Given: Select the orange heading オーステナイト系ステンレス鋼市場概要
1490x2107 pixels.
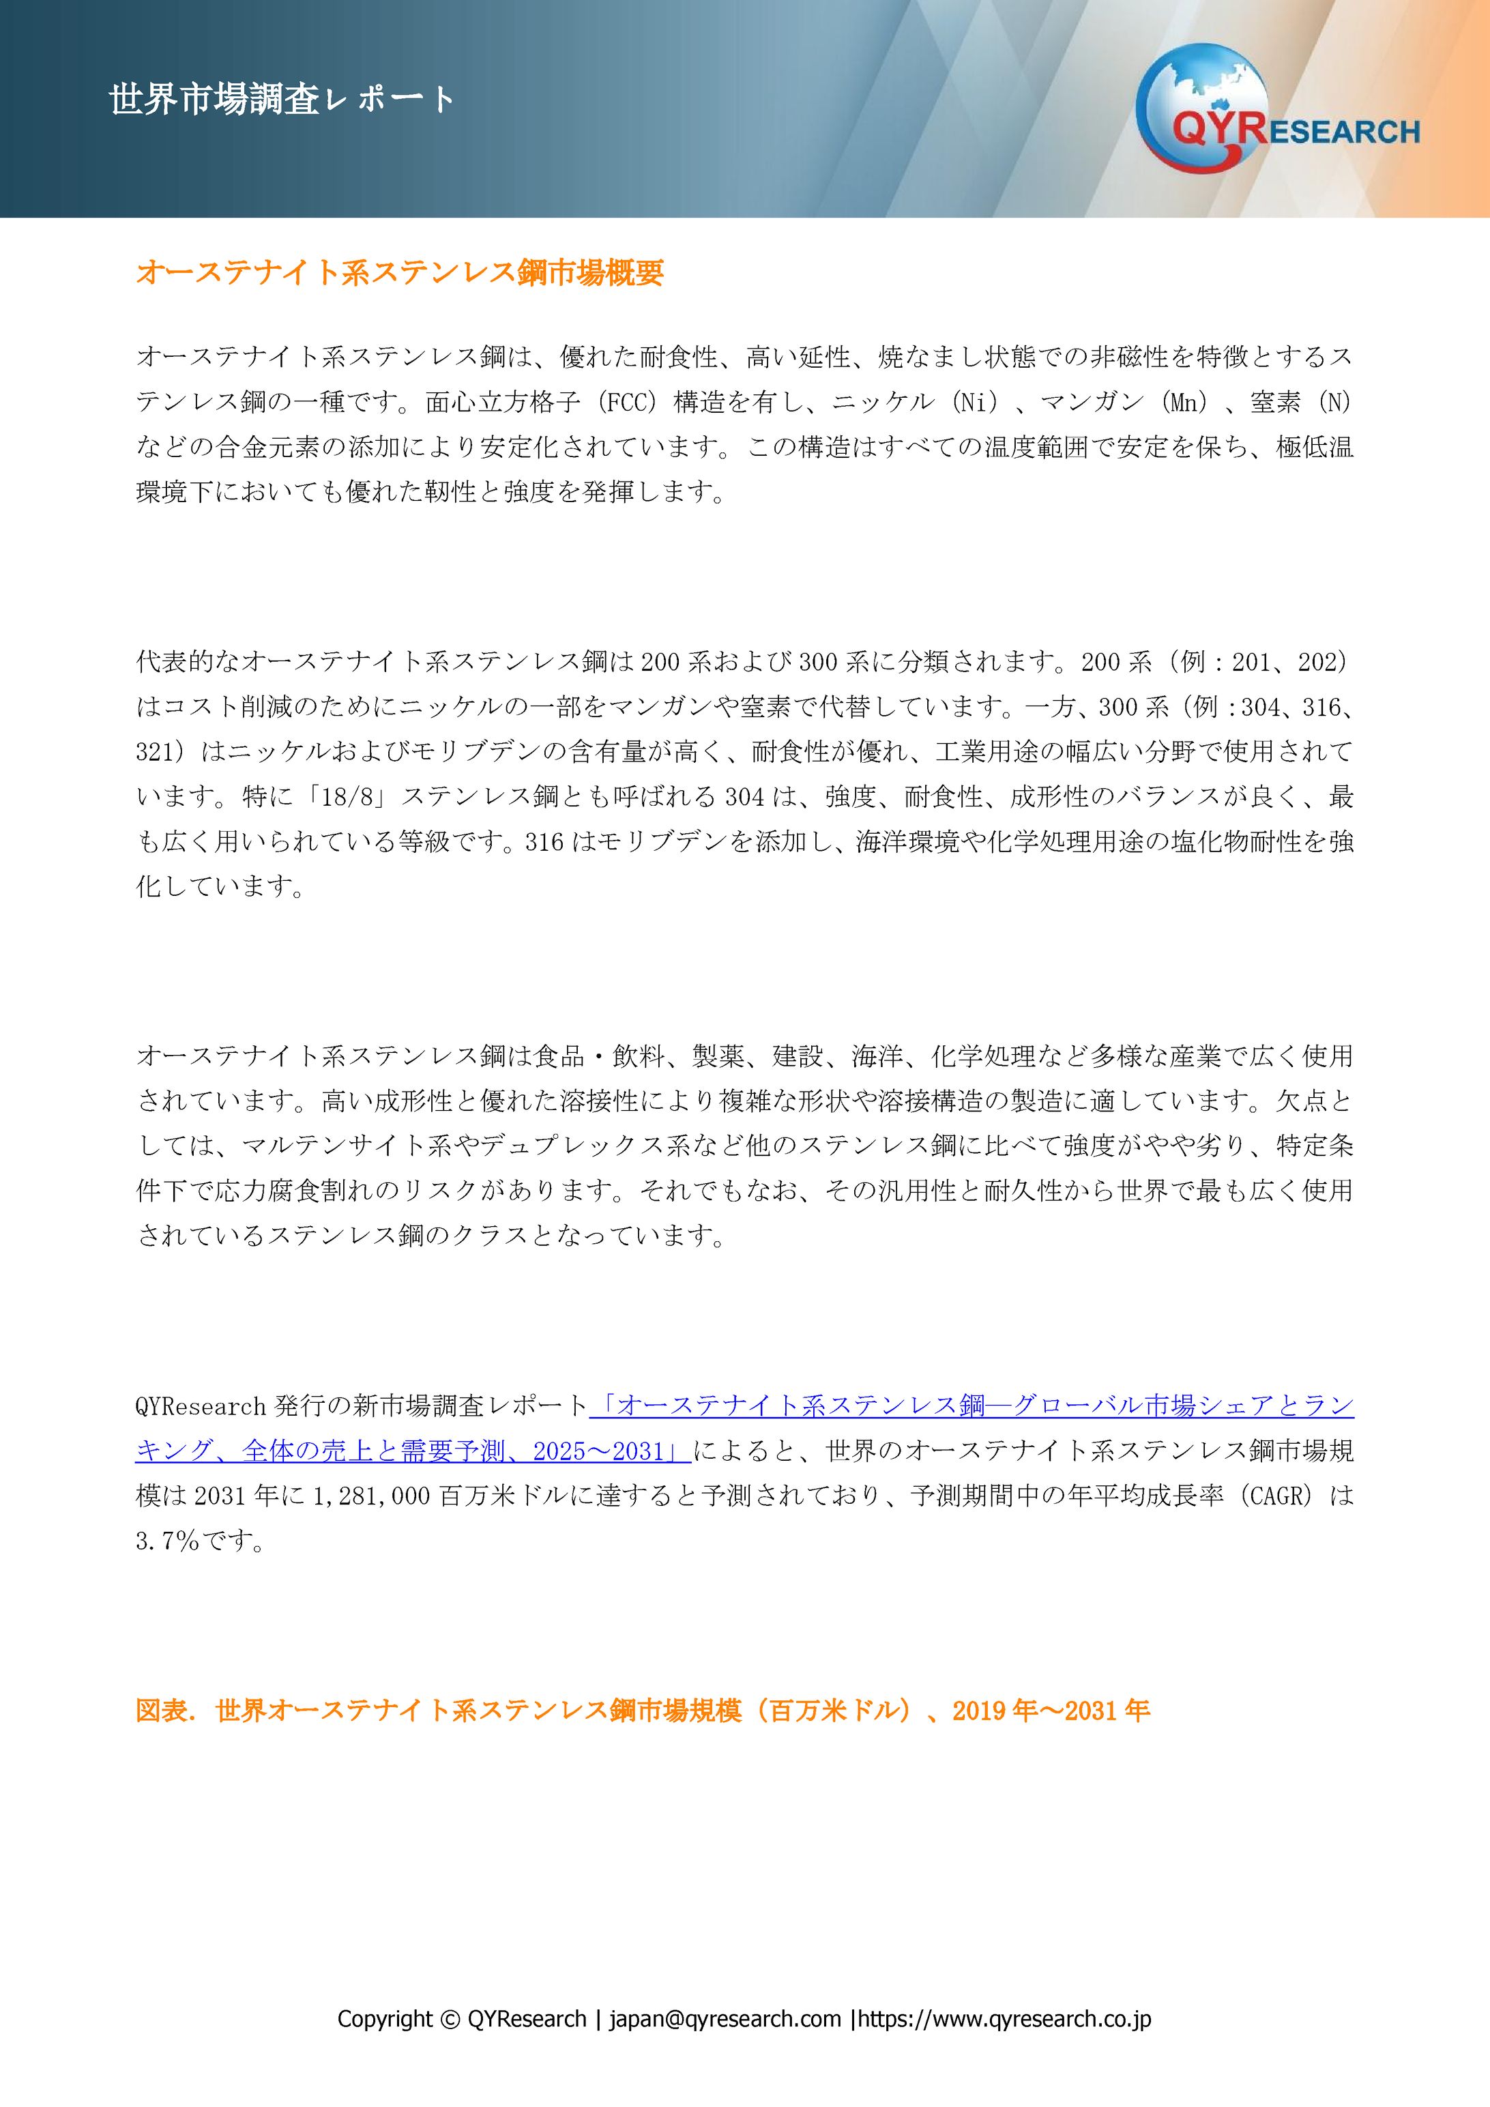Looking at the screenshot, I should coord(400,272).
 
